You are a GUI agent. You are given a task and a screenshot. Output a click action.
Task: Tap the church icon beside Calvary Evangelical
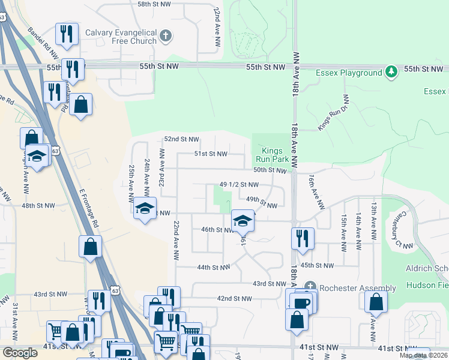click(x=166, y=37)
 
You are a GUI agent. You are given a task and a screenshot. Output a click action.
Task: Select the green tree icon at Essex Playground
click(x=391, y=72)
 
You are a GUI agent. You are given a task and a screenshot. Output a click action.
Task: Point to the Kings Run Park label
click(x=273, y=155)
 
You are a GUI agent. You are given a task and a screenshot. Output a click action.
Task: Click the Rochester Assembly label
click(x=357, y=288)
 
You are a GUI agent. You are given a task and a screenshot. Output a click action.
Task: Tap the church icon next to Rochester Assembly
click(x=310, y=287)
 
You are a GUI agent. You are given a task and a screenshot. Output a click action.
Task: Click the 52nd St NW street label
click(x=181, y=139)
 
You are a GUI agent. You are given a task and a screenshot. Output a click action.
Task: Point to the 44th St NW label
click(x=213, y=267)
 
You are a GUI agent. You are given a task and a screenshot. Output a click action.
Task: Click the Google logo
click(x=20, y=353)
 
